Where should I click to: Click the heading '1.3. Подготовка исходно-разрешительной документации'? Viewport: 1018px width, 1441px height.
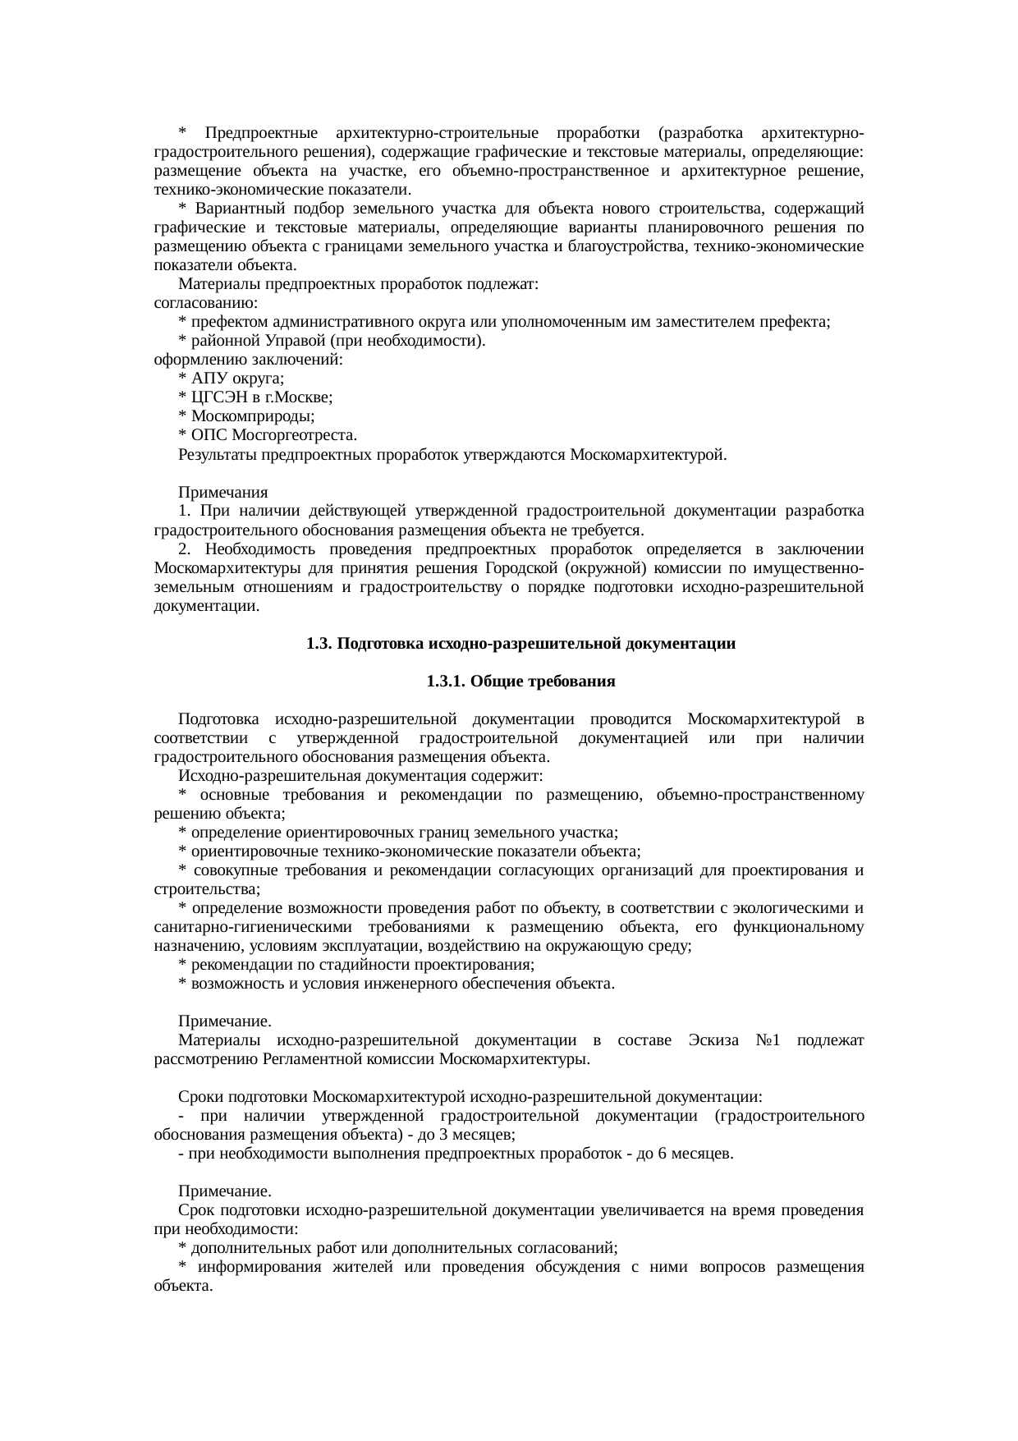pyautogui.click(x=520, y=645)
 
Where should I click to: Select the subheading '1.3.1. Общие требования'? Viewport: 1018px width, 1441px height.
pyautogui.click(x=520, y=682)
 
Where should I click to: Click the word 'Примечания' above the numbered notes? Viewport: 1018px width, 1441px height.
pyautogui.click(x=223, y=493)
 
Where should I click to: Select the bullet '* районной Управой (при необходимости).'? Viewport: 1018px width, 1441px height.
pyautogui.click(x=332, y=341)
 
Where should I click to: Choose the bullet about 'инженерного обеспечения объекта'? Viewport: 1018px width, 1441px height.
pyautogui.click(x=397, y=984)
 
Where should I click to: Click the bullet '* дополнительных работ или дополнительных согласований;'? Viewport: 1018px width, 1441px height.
pyautogui.click(x=398, y=1249)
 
